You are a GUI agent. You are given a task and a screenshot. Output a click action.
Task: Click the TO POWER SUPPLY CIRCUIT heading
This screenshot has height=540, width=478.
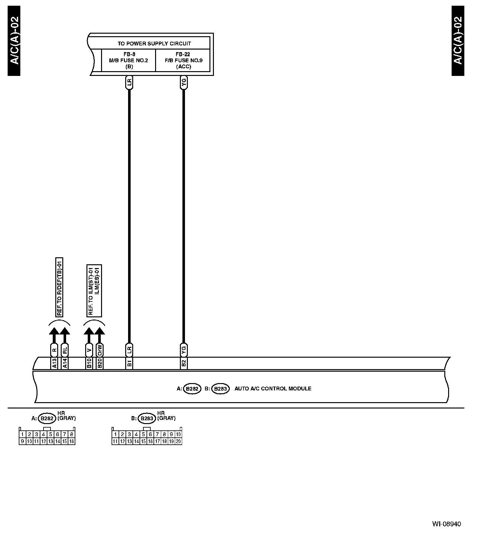[154, 44]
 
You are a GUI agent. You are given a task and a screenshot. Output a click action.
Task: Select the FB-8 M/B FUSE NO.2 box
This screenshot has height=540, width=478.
[128, 60]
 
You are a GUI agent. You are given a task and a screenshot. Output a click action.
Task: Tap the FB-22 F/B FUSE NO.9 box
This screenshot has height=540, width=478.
[183, 60]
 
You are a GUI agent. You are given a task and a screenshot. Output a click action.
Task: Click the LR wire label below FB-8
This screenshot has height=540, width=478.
[129, 83]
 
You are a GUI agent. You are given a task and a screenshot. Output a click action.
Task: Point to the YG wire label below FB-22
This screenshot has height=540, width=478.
[183, 83]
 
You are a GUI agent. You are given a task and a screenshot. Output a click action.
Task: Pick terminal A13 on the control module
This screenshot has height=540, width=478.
[54, 363]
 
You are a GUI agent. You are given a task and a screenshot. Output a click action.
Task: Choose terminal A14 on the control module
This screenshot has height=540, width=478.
[65, 363]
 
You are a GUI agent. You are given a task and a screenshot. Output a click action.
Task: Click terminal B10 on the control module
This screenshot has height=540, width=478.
[89, 363]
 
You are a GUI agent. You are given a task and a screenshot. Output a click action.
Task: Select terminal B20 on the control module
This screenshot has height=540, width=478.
[99, 363]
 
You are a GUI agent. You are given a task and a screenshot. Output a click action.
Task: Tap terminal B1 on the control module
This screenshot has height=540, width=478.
[129, 363]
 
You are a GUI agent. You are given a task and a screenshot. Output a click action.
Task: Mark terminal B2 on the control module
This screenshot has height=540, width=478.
[183, 363]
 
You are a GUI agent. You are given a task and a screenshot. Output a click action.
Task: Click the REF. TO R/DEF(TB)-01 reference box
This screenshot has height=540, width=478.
[59, 287]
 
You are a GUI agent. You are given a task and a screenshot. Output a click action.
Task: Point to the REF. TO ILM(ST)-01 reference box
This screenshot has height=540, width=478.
[94, 290]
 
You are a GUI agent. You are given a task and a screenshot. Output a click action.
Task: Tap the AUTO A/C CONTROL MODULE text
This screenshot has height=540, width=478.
[273, 388]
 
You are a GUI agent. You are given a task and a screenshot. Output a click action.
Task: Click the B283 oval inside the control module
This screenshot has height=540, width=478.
[220, 389]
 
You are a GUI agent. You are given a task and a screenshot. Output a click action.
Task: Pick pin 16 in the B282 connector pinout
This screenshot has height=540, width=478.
[72, 441]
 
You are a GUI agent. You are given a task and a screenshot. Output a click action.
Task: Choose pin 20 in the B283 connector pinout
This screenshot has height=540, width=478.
[178, 441]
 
